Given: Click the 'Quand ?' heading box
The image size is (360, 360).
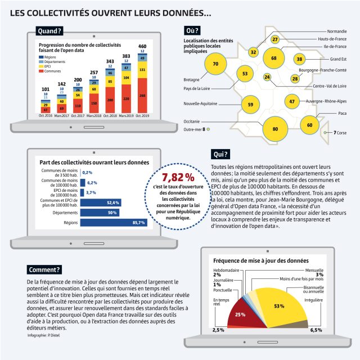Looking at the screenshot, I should [49, 31].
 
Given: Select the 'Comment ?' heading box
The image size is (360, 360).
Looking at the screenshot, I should [44, 269].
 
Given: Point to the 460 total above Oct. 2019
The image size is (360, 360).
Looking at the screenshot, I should [142, 46].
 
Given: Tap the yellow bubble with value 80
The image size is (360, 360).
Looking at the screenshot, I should [275, 129].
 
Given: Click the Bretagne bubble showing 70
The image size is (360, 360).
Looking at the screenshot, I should [215, 65].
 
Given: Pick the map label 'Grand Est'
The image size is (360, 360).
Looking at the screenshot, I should [337, 59].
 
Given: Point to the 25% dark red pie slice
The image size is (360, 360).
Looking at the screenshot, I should [240, 313].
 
